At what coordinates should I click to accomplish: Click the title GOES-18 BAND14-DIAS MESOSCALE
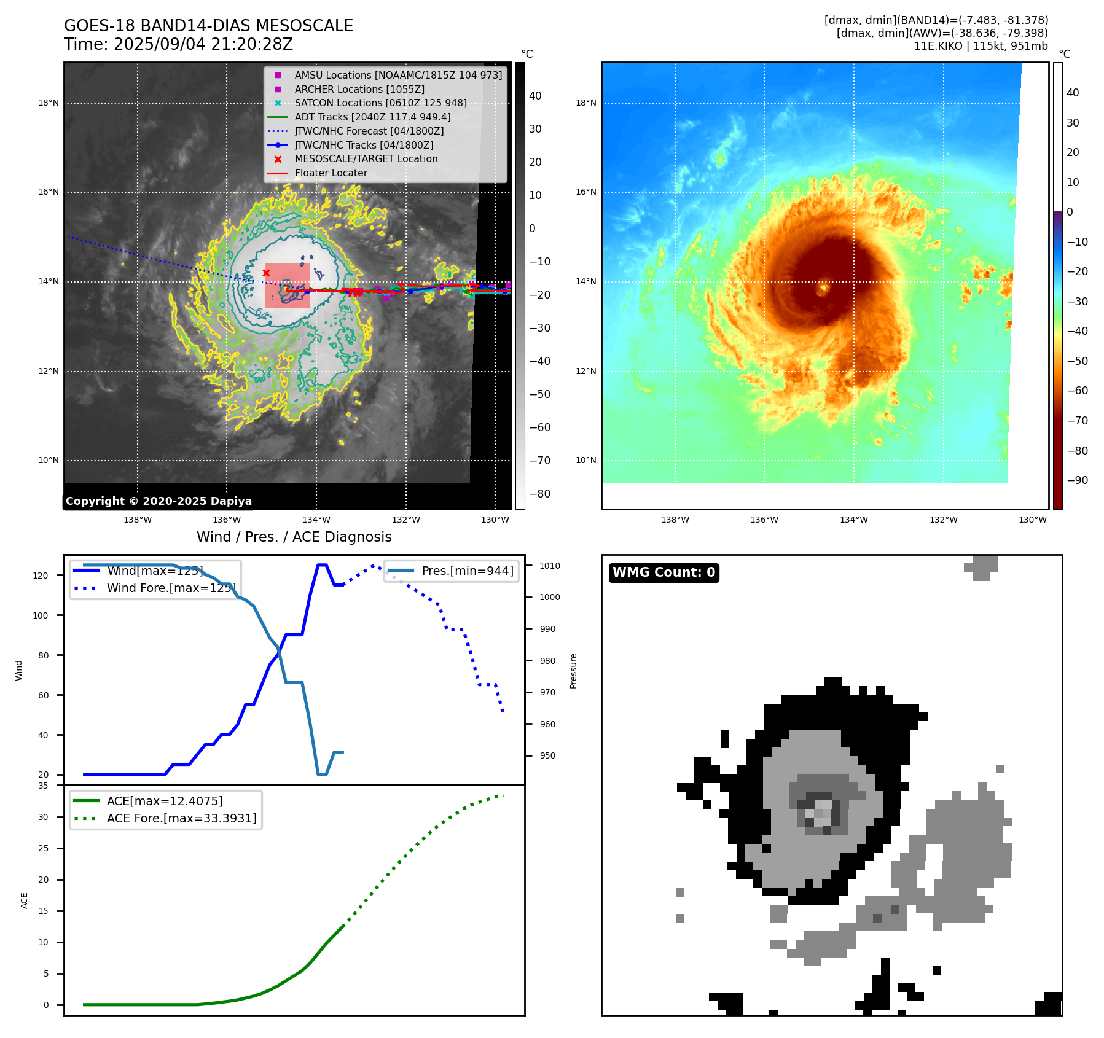208,26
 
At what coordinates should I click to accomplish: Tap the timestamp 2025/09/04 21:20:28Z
203,44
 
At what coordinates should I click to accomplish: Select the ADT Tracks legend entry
372,117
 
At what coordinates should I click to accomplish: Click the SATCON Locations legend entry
380,103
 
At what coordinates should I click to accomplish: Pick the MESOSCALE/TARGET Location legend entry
366,158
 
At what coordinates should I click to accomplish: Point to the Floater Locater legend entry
331,173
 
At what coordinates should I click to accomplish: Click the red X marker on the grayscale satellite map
266,273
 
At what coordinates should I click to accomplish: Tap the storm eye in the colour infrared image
823,286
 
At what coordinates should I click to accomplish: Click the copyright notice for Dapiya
159,501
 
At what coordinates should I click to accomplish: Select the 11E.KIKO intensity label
981,46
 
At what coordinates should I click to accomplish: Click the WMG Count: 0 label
664,572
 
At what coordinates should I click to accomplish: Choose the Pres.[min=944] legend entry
467,571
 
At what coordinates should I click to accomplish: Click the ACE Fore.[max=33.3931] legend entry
181,818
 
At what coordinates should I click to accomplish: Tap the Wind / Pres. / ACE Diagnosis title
294,537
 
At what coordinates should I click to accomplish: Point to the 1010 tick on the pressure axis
549,566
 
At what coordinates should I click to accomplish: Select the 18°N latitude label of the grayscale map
49,103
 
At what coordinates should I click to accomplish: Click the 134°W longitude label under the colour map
853,520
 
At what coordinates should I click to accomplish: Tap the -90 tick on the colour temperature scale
1076,480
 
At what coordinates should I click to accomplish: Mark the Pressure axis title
573,671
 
